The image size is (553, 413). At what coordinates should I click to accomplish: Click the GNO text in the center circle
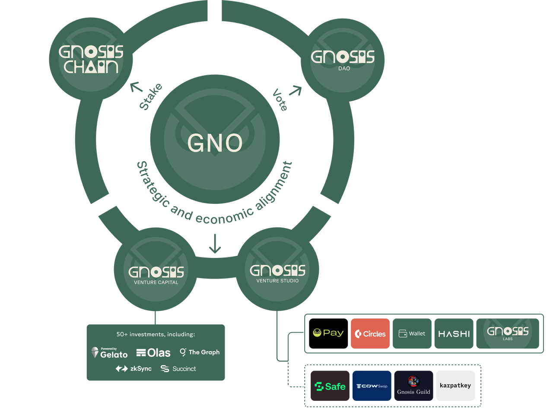point(215,143)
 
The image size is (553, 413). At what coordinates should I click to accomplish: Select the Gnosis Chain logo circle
point(91,60)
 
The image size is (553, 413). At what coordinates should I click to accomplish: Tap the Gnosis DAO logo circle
point(343,59)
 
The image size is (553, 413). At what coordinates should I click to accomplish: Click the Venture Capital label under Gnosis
point(156,283)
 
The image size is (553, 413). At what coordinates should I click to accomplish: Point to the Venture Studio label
point(277,281)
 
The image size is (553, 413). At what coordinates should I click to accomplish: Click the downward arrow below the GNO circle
point(215,244)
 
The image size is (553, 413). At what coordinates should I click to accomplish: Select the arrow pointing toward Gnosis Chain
point(136,87)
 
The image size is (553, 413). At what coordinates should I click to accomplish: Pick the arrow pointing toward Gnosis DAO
point(296,90)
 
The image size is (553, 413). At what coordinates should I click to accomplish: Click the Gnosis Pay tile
point(328,333)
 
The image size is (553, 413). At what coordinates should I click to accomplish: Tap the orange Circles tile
point(370,334)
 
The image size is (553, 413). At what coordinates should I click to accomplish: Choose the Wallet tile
point(412,334)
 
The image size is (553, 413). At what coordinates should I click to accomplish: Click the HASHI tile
point(454,334)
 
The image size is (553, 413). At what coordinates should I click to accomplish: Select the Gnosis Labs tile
point(508,333)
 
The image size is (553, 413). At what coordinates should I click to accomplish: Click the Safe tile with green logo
point(330,386)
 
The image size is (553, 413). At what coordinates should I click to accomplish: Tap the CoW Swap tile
point(372,386)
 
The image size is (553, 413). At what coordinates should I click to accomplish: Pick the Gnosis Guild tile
point(413,386)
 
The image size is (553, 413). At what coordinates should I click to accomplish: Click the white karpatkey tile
point(455,386)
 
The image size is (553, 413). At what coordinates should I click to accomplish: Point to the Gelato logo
point(110,353)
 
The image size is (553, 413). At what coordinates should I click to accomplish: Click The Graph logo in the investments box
point(200,352)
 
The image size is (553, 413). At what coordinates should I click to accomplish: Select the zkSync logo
point(133,369)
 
